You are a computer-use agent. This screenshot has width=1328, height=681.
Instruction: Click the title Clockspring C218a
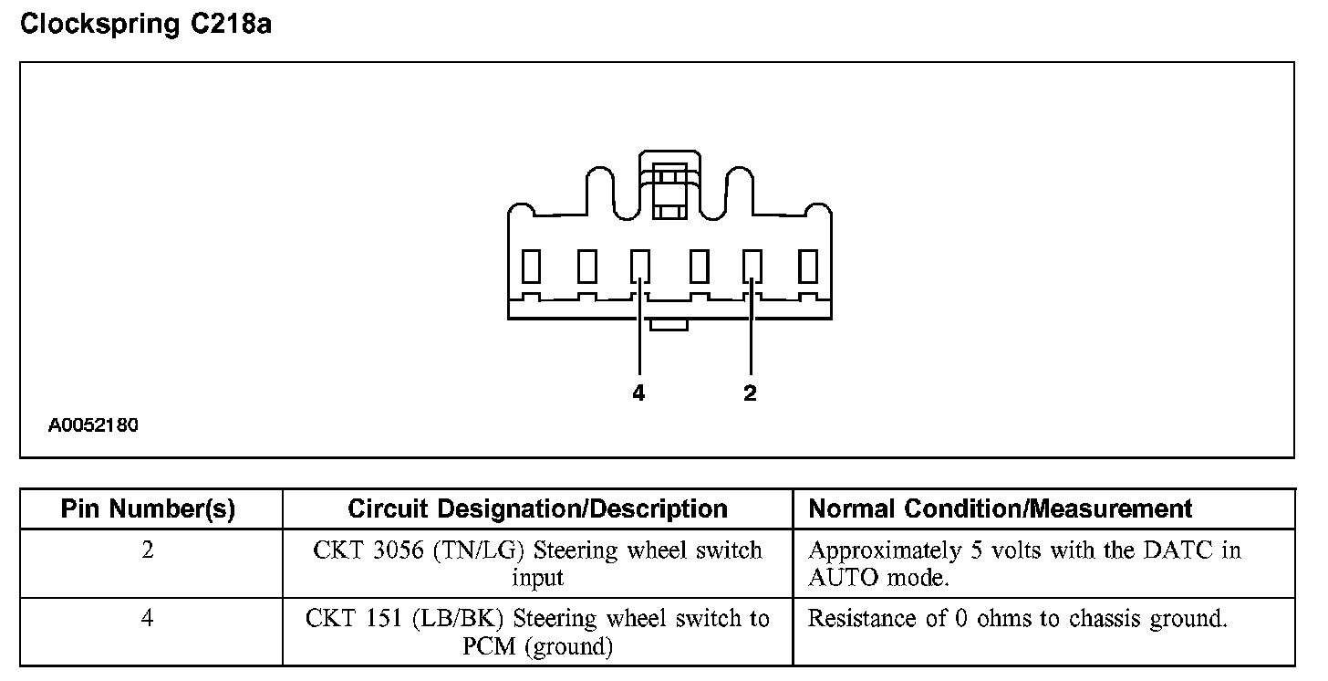click(146, 25)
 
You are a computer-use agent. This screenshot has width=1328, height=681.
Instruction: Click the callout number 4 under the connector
click(638, 393)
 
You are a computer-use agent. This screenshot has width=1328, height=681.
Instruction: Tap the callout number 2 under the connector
click(750, 393)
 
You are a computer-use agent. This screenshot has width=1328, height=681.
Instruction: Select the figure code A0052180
click(94, 425)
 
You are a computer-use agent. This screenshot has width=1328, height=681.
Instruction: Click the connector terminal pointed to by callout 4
click(641, 266)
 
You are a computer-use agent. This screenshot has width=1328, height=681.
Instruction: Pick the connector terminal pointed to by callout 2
click(752, 266)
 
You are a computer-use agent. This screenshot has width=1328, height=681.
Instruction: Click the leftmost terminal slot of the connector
click(531, 266)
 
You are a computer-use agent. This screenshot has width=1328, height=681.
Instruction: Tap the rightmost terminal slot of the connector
click(808, 266)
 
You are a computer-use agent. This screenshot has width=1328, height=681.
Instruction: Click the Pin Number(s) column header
click(149, 509)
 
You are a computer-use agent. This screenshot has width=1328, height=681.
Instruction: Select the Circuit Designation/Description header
click(537, 509)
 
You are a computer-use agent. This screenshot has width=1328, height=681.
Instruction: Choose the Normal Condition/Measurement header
click(1001, 509)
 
